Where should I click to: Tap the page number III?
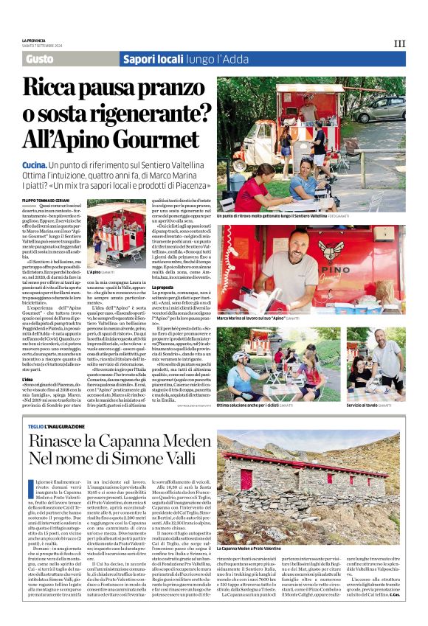[x=399, y=44]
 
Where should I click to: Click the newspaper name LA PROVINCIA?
[x=33, y=41]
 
